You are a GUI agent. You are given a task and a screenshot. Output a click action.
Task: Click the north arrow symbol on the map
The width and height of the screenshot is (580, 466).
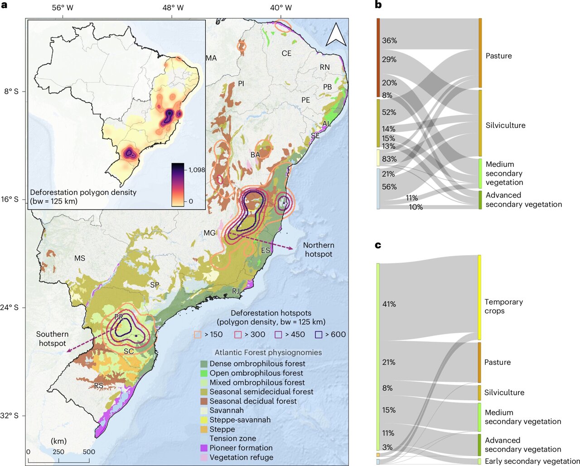336,35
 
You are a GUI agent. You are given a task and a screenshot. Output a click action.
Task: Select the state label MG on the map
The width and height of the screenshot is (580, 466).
209,233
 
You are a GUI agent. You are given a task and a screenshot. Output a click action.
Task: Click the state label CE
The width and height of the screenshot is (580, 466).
286,53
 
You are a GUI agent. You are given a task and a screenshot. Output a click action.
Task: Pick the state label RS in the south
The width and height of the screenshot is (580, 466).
99,386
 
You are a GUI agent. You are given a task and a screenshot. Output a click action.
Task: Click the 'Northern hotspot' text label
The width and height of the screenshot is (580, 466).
319,249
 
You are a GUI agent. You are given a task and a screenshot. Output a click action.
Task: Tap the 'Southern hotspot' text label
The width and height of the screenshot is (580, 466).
52,339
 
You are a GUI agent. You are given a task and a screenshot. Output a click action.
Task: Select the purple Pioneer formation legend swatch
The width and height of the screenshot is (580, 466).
204,448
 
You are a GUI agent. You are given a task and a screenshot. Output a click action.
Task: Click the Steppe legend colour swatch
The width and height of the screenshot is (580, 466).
204,429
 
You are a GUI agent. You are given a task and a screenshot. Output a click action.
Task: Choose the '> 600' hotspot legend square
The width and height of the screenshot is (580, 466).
319,335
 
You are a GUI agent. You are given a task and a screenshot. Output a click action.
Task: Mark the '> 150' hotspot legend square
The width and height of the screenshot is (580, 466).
198,335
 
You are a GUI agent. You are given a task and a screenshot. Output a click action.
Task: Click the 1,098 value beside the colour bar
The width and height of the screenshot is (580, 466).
197,170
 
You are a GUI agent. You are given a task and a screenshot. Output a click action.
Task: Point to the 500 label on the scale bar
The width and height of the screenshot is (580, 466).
89,451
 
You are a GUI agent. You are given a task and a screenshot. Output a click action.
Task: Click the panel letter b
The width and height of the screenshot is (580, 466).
378,5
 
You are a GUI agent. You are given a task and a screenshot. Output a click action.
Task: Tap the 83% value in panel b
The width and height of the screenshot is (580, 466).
389,159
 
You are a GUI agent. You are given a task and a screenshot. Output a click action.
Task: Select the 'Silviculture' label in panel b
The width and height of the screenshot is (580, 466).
505,126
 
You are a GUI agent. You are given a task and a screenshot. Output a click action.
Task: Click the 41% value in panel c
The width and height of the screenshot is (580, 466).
389,304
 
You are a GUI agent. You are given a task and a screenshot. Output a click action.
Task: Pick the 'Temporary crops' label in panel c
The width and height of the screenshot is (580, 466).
503,306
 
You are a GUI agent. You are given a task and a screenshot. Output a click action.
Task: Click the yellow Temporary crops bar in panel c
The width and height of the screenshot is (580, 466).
479,297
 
